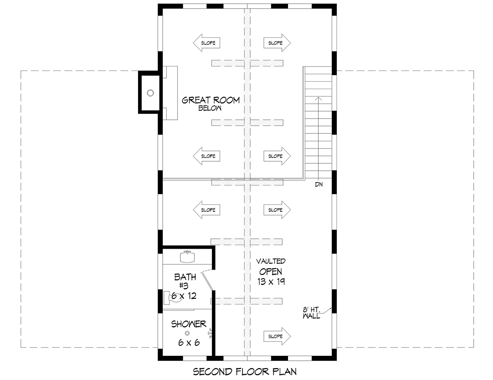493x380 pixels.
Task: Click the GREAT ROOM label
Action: tap(210, 100)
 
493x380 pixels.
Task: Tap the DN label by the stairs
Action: tap(319, 184)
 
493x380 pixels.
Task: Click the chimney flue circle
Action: tap(150, 93)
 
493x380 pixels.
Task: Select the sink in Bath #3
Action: tap(187, 257)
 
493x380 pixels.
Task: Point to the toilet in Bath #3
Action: tap(173, 298)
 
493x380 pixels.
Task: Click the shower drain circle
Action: tap(187, 333)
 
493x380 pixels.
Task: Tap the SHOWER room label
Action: tap(189, 324)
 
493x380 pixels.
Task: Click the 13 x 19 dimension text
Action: tap(271, 282)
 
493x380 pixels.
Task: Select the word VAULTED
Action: tap(271, 261)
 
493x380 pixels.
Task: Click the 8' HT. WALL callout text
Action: tap(311, 313)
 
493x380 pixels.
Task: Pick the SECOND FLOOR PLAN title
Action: tap(245, 371)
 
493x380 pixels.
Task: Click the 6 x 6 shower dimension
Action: tap(189, 342)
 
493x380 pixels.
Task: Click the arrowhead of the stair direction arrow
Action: tap(318, 98)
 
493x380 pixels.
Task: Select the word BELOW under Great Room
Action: tap(210, 108)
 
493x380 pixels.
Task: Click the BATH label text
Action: tap(185, 277)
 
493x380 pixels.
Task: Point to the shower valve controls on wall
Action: tap(210, 333)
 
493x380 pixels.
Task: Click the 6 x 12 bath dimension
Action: tap(184, 296)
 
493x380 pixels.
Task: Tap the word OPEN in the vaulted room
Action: tap(271, 272)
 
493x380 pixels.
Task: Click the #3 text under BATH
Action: tap(184, 286)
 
